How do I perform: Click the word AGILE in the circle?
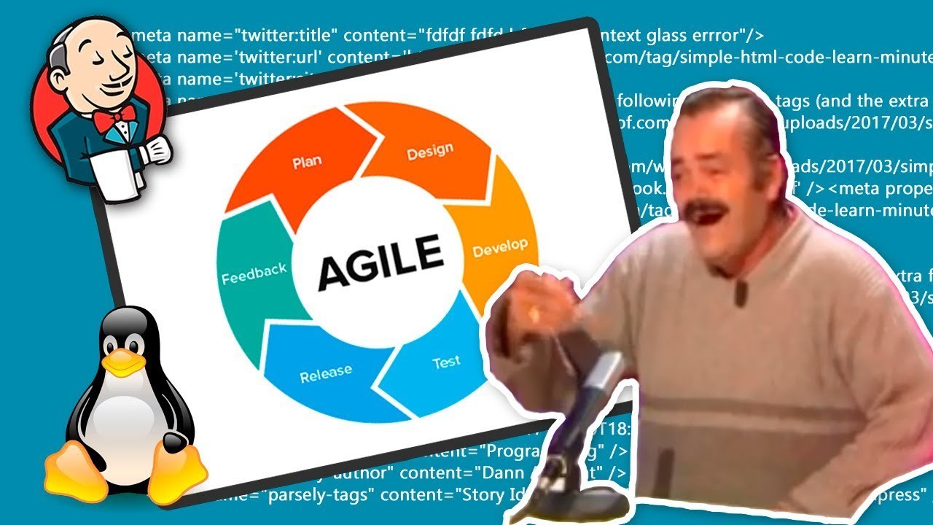coord(380,260)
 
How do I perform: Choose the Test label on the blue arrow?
coord(446,362)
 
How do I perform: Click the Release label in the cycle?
coord(325,373)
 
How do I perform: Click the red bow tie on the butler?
coord(114,117)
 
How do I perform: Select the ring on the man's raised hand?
coord(534,314)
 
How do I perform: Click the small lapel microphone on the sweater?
coord(741,292)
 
